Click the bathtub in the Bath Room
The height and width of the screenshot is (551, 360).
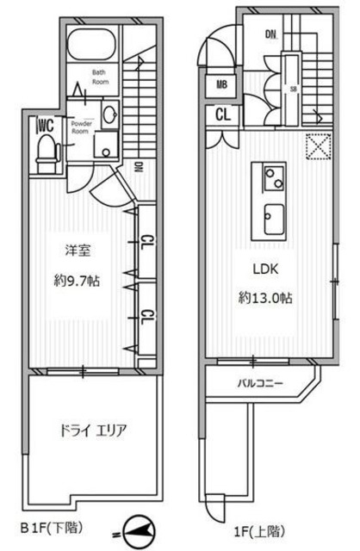pos(92,44)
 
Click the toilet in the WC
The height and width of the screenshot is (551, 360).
pos(45,152)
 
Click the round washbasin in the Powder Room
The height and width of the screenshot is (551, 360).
pos(110,115)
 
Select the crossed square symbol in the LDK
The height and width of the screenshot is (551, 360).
pos(320,148)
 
